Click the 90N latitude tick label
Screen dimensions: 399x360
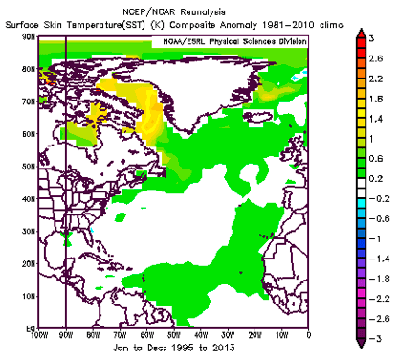click(29, 36)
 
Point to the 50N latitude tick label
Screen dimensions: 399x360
click(29, 167)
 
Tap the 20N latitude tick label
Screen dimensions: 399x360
click(29, 264)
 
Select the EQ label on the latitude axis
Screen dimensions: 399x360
click(31, 328)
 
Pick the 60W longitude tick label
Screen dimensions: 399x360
click(147, 335)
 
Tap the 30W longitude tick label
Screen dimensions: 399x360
click(228, 335)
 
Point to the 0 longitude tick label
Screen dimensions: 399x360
click(308, 335)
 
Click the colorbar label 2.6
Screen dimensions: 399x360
click(376, 58)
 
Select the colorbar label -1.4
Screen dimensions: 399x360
click(379, 259)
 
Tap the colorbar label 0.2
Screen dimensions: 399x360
click(376, 179)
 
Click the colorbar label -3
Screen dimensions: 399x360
click(375, 338)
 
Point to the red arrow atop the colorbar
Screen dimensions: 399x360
click(361, 34)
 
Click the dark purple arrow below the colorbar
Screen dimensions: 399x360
click(361, 343)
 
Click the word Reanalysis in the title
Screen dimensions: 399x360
click(203, 12)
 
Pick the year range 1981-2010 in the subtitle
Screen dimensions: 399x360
click(289, 25)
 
